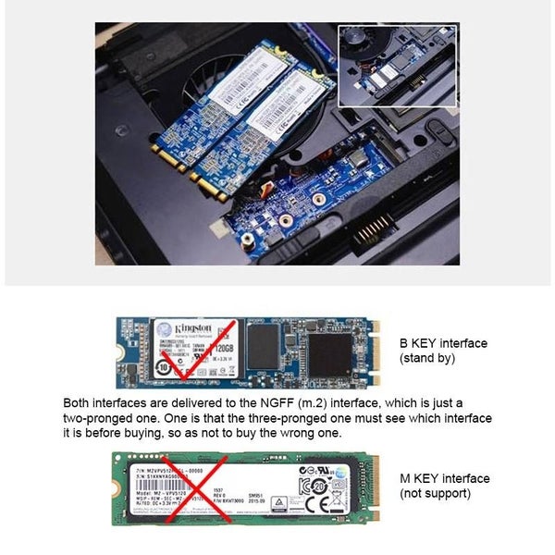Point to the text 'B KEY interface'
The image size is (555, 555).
(443, 343)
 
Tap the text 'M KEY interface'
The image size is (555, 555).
(444, 478)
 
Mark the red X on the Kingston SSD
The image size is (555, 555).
(184, 354)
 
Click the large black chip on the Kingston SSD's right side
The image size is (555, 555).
(329, 354)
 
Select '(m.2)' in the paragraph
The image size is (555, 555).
(330, 403)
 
